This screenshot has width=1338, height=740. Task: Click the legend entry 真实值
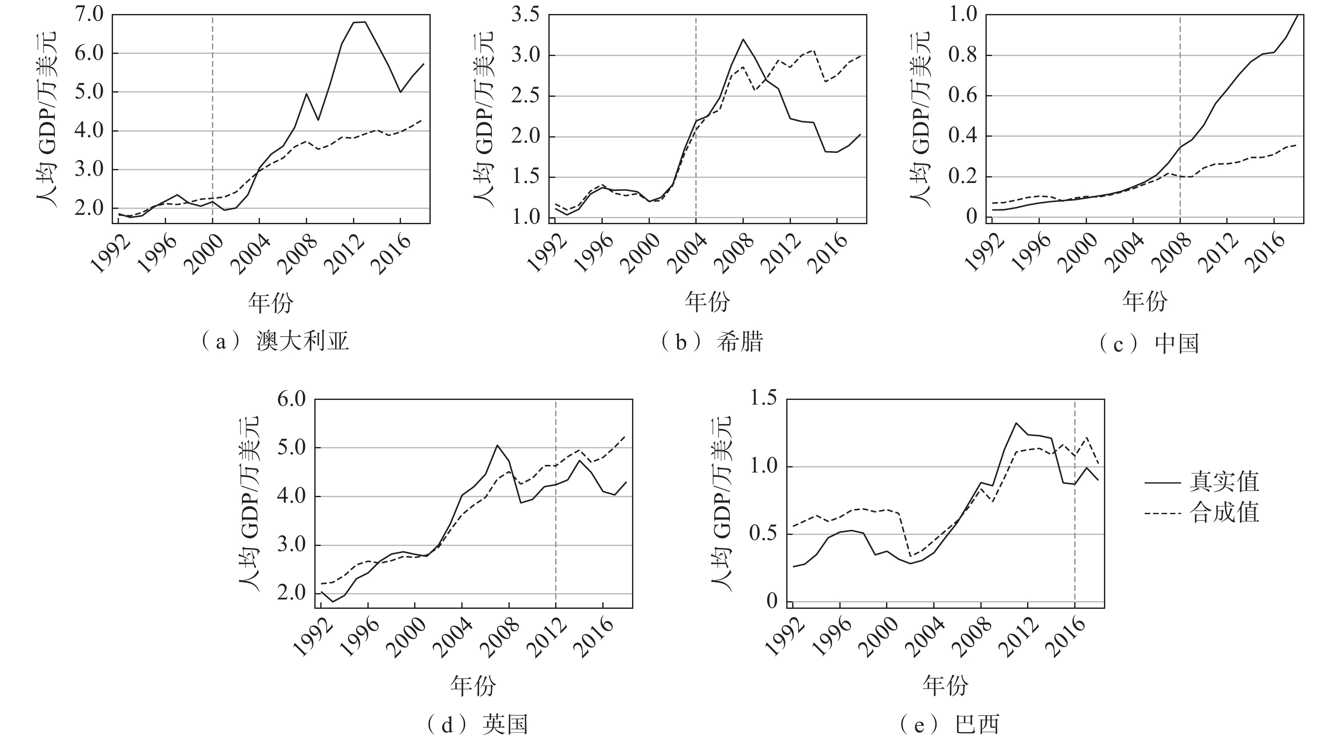point(1223,482)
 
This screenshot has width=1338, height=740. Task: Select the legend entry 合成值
point(1223,513)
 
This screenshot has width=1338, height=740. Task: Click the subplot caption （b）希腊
point(711,342)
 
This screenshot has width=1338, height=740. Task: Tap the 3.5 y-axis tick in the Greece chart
point(526,16)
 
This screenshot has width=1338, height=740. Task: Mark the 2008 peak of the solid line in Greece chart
point(743,39)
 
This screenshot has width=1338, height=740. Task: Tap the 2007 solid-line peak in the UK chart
point(497,445)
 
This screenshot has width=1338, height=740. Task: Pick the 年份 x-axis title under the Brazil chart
point(946,686)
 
